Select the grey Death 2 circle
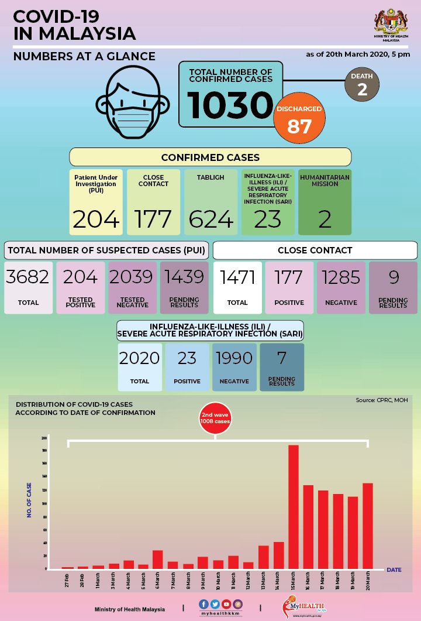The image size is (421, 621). pos(362,84)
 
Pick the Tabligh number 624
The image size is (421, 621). pos(210,219)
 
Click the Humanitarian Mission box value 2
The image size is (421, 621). pos(325,219)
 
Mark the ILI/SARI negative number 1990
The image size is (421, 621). pos(234,358)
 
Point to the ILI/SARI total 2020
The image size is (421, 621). pos(140,358)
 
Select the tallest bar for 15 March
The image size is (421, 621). pos(293,506)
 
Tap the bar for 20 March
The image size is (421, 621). pos(367,526)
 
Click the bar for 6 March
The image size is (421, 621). pos(157,559)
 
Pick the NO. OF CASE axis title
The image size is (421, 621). pos(29,499)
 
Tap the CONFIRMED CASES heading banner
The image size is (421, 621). pos(210,157)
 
